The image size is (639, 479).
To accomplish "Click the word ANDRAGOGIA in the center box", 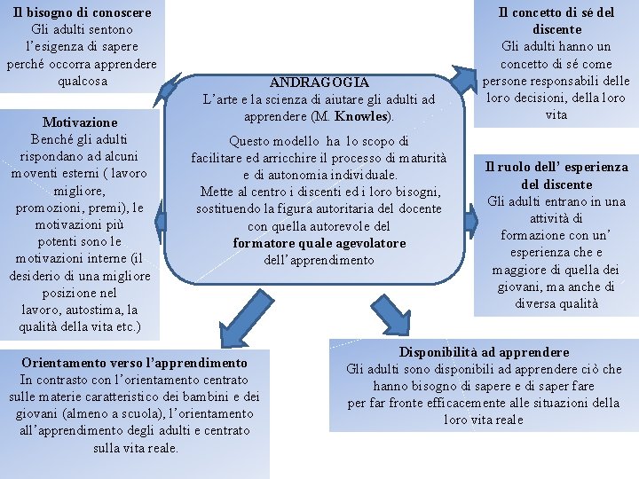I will tap(319, 82).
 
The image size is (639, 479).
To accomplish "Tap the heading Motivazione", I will tap(80, 122).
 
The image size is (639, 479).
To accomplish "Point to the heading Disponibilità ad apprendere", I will tap(484, 352).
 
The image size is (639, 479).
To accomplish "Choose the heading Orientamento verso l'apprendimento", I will tap(134, 363).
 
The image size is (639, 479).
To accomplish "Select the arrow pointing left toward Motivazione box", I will tap(161, 209).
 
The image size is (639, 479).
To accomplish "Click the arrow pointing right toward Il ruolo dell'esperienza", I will tap(472, 210).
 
